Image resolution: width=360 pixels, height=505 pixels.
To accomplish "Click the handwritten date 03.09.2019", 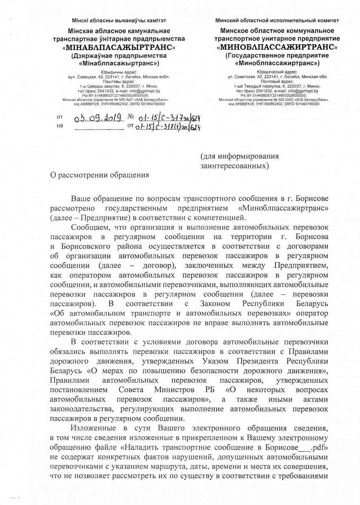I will tap(97, 117).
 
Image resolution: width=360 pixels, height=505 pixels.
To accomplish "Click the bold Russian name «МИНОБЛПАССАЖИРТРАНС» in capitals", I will tap(277, 47).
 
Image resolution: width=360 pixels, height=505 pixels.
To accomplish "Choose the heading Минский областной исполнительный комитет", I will tap(277, 20).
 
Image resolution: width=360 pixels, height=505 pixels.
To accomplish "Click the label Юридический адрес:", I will tap(277, 72).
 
